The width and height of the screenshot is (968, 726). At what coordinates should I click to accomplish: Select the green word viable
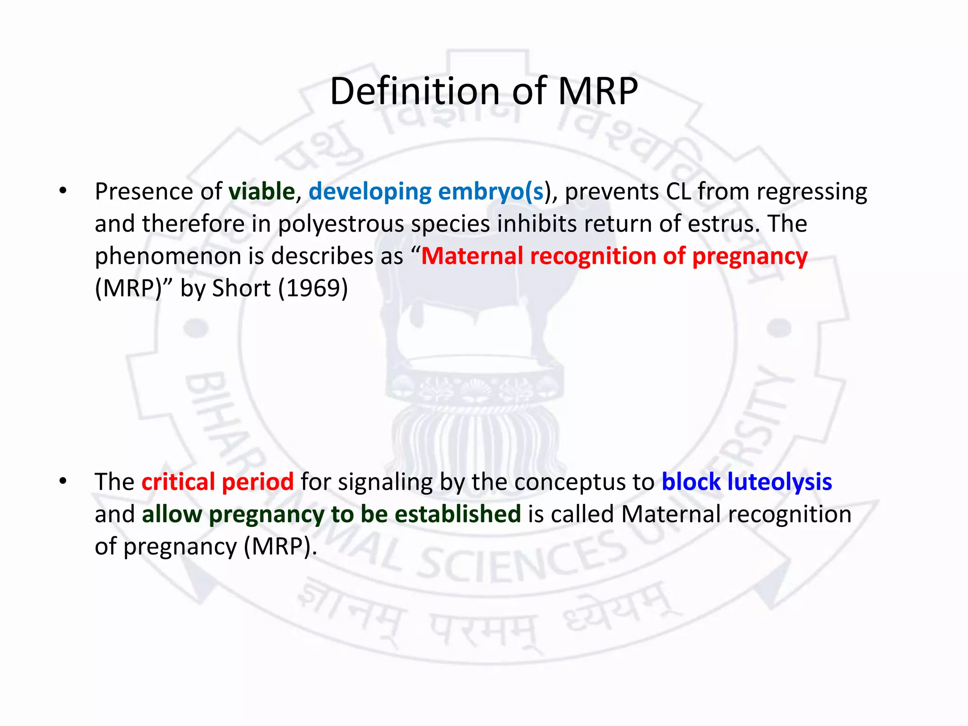pyautogui.click(x=262, y=192)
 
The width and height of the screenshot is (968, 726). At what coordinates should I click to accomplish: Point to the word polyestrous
pyautogui.click(x=341, y=224)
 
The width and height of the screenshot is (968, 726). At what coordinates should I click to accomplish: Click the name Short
pyautogui.click(x=242, y=288)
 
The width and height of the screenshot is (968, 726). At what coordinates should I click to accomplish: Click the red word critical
pyautogui.click(x=178, y=482)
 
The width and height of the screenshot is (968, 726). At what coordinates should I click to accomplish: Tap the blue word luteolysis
pyautogui.click(x=779, y=482)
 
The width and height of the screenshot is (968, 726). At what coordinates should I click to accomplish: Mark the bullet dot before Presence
pyautogui.click(x=63, y=192)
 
